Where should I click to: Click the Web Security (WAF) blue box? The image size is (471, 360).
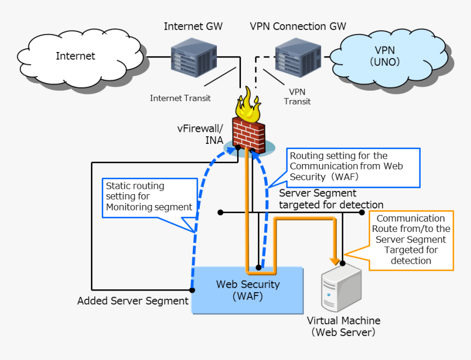(248, 291)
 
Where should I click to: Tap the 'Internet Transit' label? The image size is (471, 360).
(180, 98)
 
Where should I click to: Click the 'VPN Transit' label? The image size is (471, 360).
(297, 97)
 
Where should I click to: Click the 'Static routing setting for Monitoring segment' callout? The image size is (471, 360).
(149, 196)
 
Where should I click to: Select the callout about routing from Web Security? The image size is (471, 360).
(353, 167)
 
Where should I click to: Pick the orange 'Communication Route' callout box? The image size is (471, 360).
(411, 240)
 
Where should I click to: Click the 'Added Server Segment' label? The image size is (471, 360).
(133, 301)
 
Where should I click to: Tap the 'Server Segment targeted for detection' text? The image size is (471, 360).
(331, 199)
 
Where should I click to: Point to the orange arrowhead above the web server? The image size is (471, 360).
(334, 258)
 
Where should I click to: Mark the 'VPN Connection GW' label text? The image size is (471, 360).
(298, 26)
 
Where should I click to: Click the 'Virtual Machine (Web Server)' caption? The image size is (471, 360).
(343, 326)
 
